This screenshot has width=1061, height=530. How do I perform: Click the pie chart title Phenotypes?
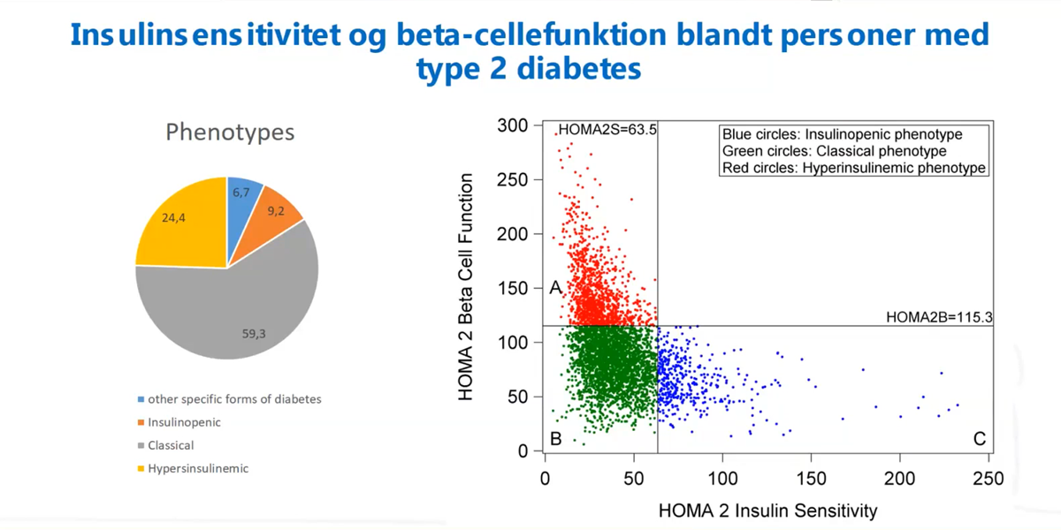pyautogui.click(x=230, y=133)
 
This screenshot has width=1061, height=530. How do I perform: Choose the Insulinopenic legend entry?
pyautogui.click(x=184, y=422)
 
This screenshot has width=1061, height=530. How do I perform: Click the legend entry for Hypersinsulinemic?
pyautogui.click(x=197, y=468)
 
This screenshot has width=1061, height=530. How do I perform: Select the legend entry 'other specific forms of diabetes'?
pyautogui.click(x=233, y=399)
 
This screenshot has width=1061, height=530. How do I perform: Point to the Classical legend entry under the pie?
pyautogui.click(x=170, y=445)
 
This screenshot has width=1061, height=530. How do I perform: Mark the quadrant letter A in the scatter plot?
pyautogui.click(x=555, y=288)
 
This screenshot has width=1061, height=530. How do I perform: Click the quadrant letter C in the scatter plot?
pyautogui.click(x=979, y=438)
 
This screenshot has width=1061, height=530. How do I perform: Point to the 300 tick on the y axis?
pyautogui.click(x=514, y=126)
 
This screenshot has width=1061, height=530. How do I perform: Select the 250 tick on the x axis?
pyautogui.click(x=988, y=478)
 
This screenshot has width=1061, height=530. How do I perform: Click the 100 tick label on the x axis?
pyautogui.click(x=722, y=478)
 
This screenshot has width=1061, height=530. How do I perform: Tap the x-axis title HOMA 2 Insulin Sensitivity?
pyautogui.click(x=767, y=510)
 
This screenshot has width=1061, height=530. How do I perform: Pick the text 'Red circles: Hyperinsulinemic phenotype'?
pyautogui.click(x=853, y=168)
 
